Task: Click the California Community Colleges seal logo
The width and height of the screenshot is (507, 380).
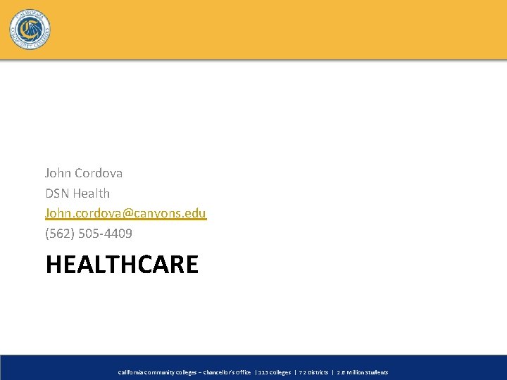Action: click(30, 30)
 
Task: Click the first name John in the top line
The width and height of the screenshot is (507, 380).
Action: click(57, 172)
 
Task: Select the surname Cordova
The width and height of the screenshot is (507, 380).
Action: click(98, 172)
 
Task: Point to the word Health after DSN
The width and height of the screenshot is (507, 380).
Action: click(93, 193)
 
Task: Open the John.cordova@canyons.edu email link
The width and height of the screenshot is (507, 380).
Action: click(125, 213)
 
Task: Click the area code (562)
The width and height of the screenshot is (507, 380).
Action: click(60, 233)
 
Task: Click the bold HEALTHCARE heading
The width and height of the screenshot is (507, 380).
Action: click(122, 265)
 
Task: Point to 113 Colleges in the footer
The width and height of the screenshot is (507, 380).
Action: click(274, 372)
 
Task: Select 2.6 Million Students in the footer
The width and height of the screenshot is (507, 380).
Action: click(363, 372)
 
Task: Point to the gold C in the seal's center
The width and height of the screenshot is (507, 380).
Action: click(29, 29)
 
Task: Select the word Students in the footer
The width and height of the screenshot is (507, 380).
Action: click(377, 372)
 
